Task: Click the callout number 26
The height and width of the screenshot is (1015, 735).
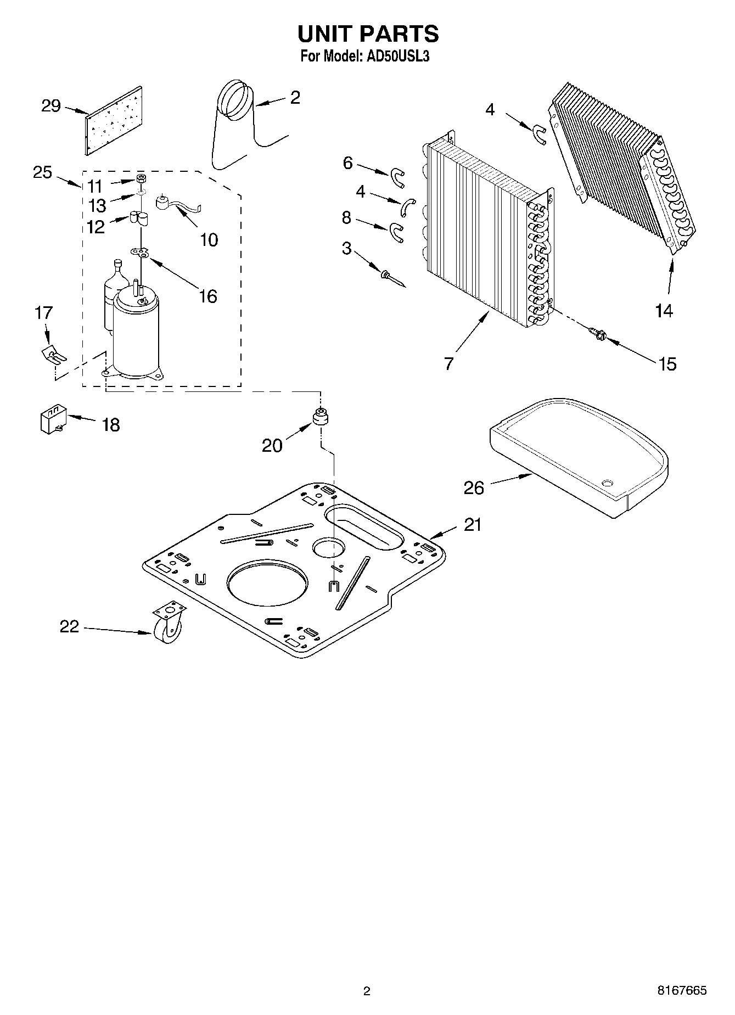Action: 474,487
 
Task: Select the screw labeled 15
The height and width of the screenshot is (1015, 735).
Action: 597,333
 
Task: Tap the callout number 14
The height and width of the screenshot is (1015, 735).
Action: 663,311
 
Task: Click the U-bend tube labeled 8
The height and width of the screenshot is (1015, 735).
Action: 396,232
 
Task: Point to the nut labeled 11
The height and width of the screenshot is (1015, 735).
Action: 141,180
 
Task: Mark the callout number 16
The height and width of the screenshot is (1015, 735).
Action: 207,296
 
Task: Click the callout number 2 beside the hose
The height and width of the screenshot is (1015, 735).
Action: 295,98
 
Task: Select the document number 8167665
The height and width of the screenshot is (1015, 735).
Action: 682,990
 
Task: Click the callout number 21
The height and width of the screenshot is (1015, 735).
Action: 472,525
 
